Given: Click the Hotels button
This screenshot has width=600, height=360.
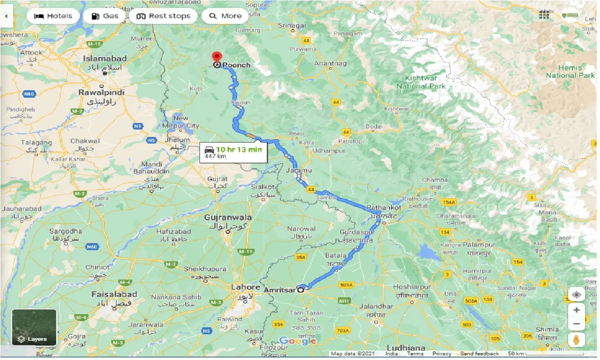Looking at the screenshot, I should pos(53,16).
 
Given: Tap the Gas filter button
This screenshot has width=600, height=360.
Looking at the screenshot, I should pos(105,16).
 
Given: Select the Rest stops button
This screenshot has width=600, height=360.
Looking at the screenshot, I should pos(164,16).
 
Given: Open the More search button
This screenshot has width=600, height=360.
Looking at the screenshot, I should pos(225,16).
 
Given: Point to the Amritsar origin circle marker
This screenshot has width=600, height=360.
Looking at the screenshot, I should pos(300,290).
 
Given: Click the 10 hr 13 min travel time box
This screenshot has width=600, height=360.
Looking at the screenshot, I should pos(233,152).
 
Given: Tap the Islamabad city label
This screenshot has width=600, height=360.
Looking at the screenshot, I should pos(105,59).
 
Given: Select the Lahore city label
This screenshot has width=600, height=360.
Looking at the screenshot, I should pos(245,287).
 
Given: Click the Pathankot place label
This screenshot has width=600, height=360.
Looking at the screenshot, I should pos(384,208).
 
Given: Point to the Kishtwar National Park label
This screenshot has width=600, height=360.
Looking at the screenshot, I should pos(421,82).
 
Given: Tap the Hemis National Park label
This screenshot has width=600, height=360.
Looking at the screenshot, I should pos(570,72).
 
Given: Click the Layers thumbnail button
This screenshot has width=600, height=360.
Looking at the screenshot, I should pos(34,327).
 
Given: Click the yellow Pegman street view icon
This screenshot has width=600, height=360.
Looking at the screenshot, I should pos(577,339).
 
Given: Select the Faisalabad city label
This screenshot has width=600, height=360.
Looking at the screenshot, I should pos(114,294).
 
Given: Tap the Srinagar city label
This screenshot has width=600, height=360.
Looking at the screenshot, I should pos(292,25).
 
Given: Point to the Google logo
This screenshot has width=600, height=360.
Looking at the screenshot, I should pos(298,341).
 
